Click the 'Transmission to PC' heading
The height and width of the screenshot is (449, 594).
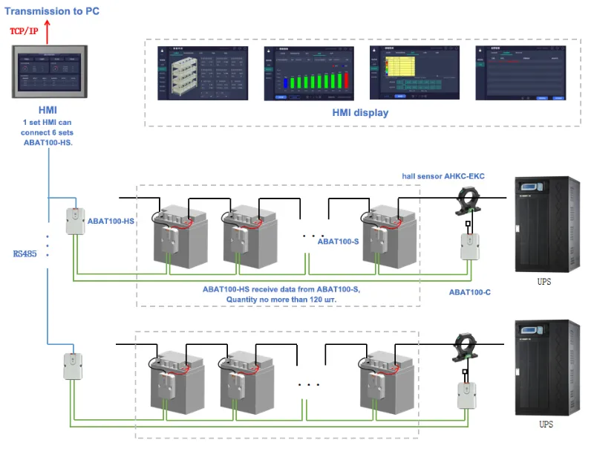pos(51,10)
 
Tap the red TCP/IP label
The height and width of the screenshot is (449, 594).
pos(24,31)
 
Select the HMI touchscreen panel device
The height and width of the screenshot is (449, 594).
pos(48,73)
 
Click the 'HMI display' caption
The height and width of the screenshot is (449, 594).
pos(359,114)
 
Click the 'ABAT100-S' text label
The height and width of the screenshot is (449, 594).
pos(338,242)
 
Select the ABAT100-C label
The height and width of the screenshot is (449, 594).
pos(469,292)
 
